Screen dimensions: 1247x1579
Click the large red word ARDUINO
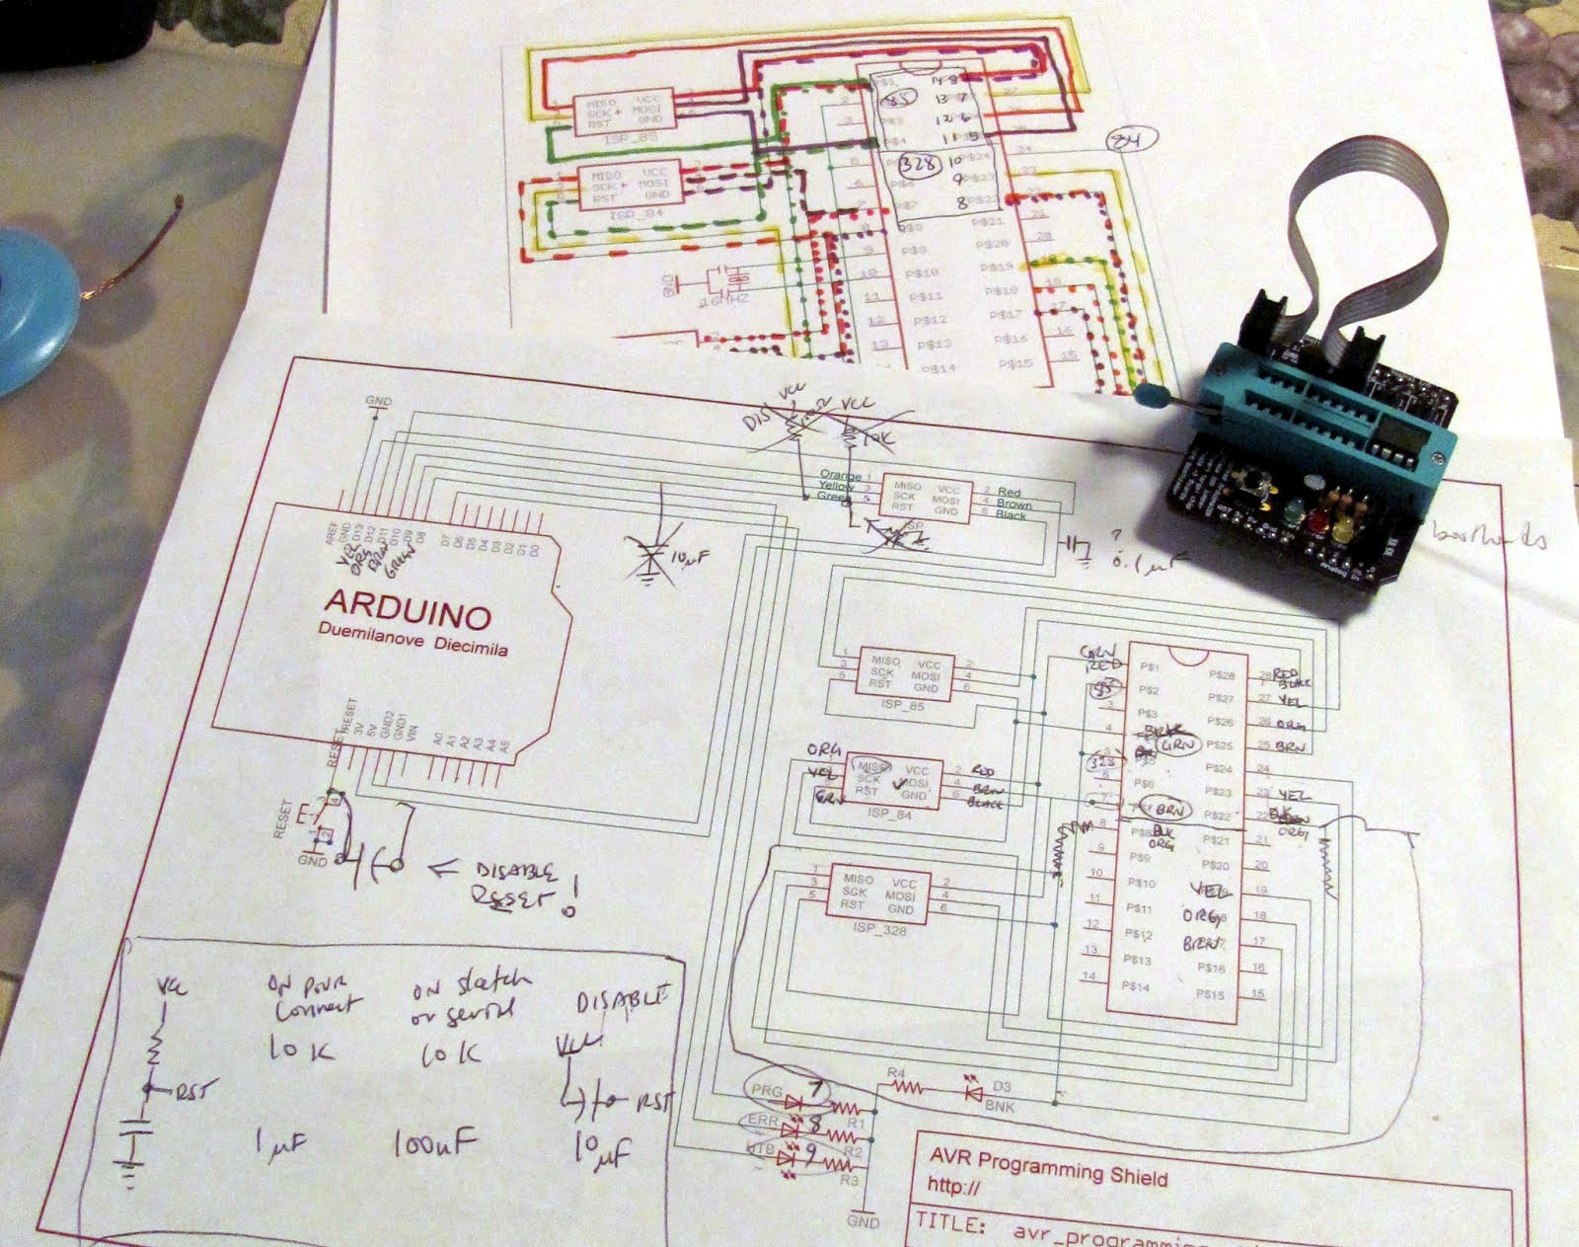coord(408,609)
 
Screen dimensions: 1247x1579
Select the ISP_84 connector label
coord(890,816)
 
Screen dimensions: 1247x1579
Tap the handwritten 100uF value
coord(434,1145)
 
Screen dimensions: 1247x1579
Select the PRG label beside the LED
coord(767,1092)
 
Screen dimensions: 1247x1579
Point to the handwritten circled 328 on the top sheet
coord(919,164)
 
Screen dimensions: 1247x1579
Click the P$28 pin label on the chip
coord(1222,675)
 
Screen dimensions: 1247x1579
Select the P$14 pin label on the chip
coord(1137,985)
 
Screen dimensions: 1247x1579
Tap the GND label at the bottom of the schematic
coord(863,1221)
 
